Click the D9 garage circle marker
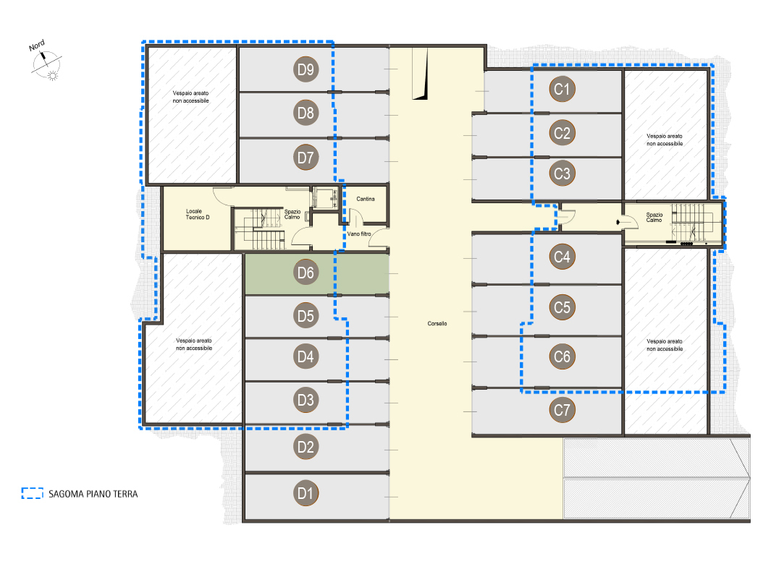click(306, 69)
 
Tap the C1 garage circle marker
click(562, 89)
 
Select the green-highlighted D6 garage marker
click(306, 273)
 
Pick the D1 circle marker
click(306, 493)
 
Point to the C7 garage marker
click(562, 410)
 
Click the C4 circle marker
click(562, 257)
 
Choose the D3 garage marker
click(306, 400)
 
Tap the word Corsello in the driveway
click(437, 323)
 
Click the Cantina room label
click(366, 199)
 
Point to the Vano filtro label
click(358, 234)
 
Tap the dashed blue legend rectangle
click(33, 493)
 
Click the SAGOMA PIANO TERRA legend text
click(93, 494)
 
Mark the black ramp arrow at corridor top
click(421, 74)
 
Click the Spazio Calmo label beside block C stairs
click(654, 217)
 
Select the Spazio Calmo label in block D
click(292, 214)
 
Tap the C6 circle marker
click(562, 356)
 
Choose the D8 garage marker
click(306, 113)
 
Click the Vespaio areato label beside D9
click(191, 97)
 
